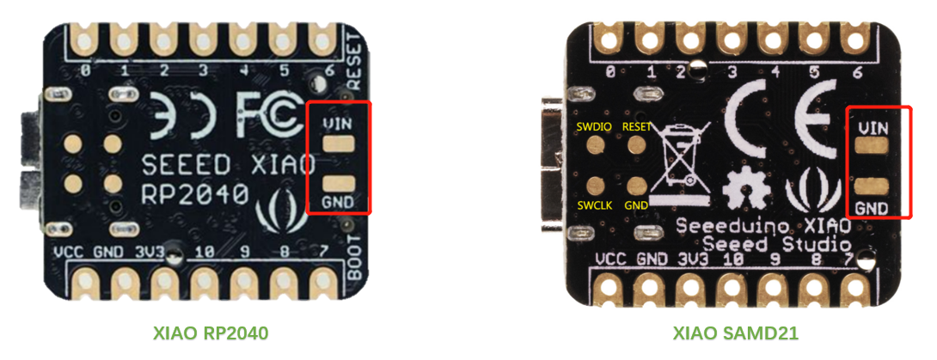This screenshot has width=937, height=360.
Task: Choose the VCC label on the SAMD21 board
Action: (x=611, y=258)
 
